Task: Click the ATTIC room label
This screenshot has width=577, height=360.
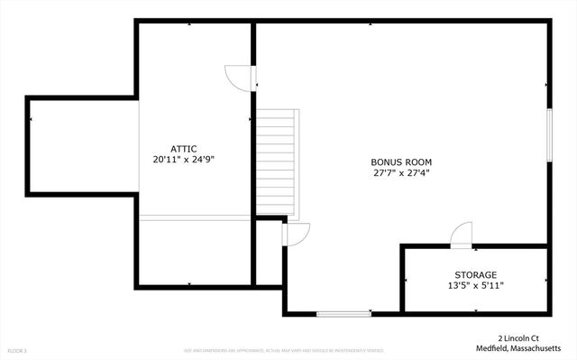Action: [x=184, y=149]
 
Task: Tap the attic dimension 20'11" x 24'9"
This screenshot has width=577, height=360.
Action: [x=184, y=160]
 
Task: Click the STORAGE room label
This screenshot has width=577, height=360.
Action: [x=475, y=274]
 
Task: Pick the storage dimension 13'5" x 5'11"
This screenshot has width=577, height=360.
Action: [x=475, y=285]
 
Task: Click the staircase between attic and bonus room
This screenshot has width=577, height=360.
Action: [x=276, y=163]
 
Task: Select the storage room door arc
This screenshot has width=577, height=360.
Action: [x=461, y=234]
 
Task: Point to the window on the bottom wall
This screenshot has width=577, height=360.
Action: [x=343, y=314]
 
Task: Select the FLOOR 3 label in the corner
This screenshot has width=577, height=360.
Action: [x=17, y=350]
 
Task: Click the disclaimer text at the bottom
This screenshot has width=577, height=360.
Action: [x=284, y=350]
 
